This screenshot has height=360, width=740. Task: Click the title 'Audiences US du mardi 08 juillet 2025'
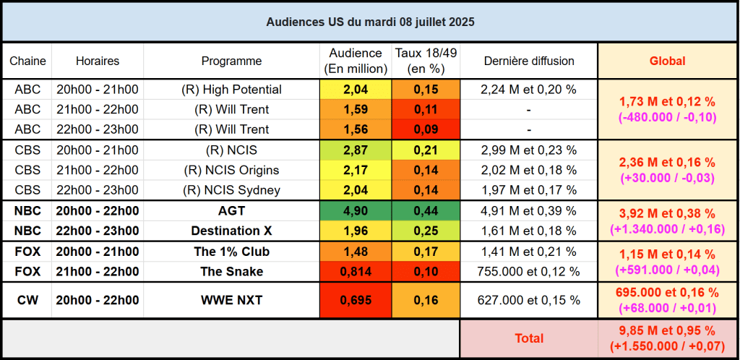pyautogui.click(x=370, y=22)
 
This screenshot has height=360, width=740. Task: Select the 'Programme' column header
pyautogui.click(x=231, y=61)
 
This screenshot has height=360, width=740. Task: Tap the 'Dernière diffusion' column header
pyautogui.click(x=529, y=61)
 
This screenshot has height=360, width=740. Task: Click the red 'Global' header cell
pyautogui.click(x=668, y=61)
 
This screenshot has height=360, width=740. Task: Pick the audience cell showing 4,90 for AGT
pyautogui.click(x=356, y=212)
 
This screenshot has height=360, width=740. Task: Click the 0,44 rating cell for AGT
pyautogui.click(x=426, y=212)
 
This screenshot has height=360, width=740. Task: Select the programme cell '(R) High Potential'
pyautogui.click(x=231, y=90)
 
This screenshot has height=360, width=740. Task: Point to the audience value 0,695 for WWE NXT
pyautogui.click(x=356, y=300)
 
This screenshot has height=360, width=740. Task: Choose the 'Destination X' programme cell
pyautogui.click(x=231, y=231)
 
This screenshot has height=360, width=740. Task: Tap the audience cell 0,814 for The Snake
pyautogui.click(x=356, y=272)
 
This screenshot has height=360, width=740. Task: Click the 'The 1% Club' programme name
pyautogui.click(x=231, y=252)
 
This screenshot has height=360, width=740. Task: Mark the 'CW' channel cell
pyautogui.click(x=27, y=300)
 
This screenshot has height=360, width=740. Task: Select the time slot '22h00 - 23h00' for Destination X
pyautogui.click(x=98, y=231)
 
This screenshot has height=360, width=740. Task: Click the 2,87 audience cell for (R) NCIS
pyautogui.click(x=356, y=150)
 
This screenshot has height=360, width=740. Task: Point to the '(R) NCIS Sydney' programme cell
pyautogui.click(x=231, y=191)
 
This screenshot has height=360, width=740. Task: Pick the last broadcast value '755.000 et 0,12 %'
pyautogui.click(x=529, y=272)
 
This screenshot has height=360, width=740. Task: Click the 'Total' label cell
pyautogui.click(x=529, y=338)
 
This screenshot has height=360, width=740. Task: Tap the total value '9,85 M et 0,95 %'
pyautogui.click(x=668, y=331)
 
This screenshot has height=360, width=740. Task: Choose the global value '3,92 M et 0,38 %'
pyautogui.click(x=668, y=214)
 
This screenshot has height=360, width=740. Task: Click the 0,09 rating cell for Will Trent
pyautogui.click(x=426, y=129)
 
